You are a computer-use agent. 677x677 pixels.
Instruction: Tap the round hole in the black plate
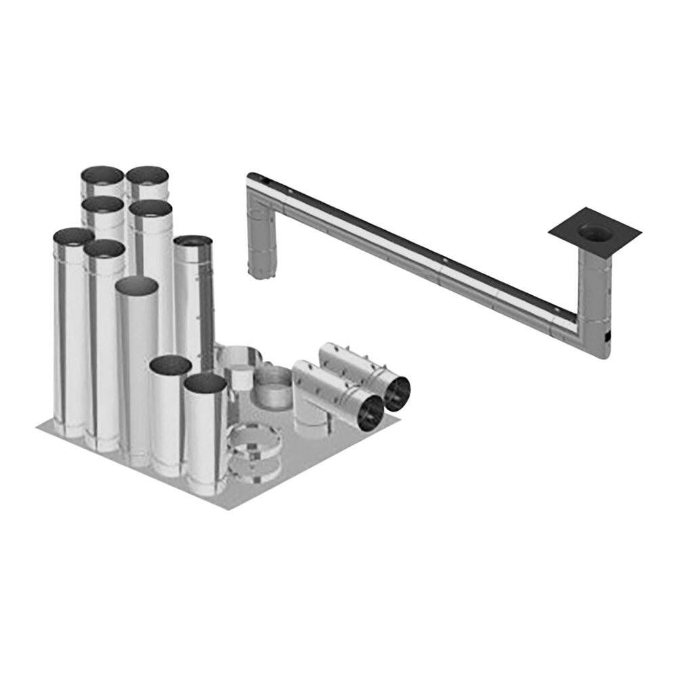(x=595, y=232)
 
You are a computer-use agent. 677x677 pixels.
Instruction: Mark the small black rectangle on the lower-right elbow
(x=607, y=336)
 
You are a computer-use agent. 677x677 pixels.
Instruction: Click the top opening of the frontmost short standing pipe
(x=205, y=384)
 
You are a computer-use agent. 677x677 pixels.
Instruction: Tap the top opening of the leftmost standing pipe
(x=73, y=236)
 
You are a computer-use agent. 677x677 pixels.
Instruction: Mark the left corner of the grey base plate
(x=39, y=426)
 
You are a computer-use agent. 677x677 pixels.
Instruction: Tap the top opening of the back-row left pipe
(x=102, y=175)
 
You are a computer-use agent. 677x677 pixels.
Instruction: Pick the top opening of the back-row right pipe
(x=147, y=175)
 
